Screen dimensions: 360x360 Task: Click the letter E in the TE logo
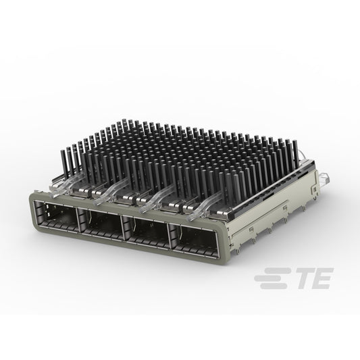(x=321, y=278)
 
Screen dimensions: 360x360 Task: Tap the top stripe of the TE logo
(x=276, y=270)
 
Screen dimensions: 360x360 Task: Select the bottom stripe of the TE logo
(x=274, y=286)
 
